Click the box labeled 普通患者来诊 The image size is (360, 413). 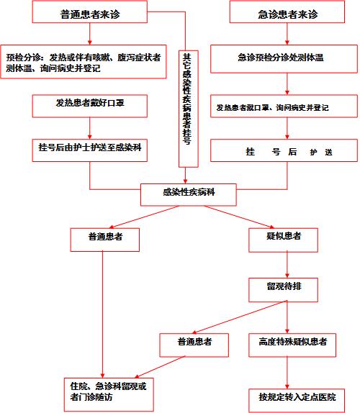pos(89,12)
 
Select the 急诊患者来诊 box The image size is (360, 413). pos(287,12)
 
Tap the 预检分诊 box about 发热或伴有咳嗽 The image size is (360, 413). pos(84,62)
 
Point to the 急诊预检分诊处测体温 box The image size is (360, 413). pos(284,59)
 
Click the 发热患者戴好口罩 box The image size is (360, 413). pos(89,106)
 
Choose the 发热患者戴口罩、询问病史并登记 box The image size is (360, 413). pos(284,106)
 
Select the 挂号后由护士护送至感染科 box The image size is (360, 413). pos(89,150)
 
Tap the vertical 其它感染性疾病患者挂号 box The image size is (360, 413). pos(189,109)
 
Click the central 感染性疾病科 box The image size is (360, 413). pos(189,195)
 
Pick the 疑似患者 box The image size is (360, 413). pos(283,240)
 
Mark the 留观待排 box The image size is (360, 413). pos(283,290)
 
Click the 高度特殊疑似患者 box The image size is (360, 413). pos(292,345)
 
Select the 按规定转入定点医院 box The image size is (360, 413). pos(297,400)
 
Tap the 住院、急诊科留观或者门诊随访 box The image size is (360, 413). pos(109,394)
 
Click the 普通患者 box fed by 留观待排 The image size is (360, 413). pos(194,345)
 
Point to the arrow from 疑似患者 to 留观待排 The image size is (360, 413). pos(287,265)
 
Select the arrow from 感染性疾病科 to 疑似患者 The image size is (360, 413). pos(239,217)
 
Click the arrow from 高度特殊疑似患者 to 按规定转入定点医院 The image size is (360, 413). pos(287,373)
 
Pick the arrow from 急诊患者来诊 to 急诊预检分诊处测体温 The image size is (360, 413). pos(287,34)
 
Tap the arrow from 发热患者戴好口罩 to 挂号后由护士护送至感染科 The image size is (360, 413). pos(89,128)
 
